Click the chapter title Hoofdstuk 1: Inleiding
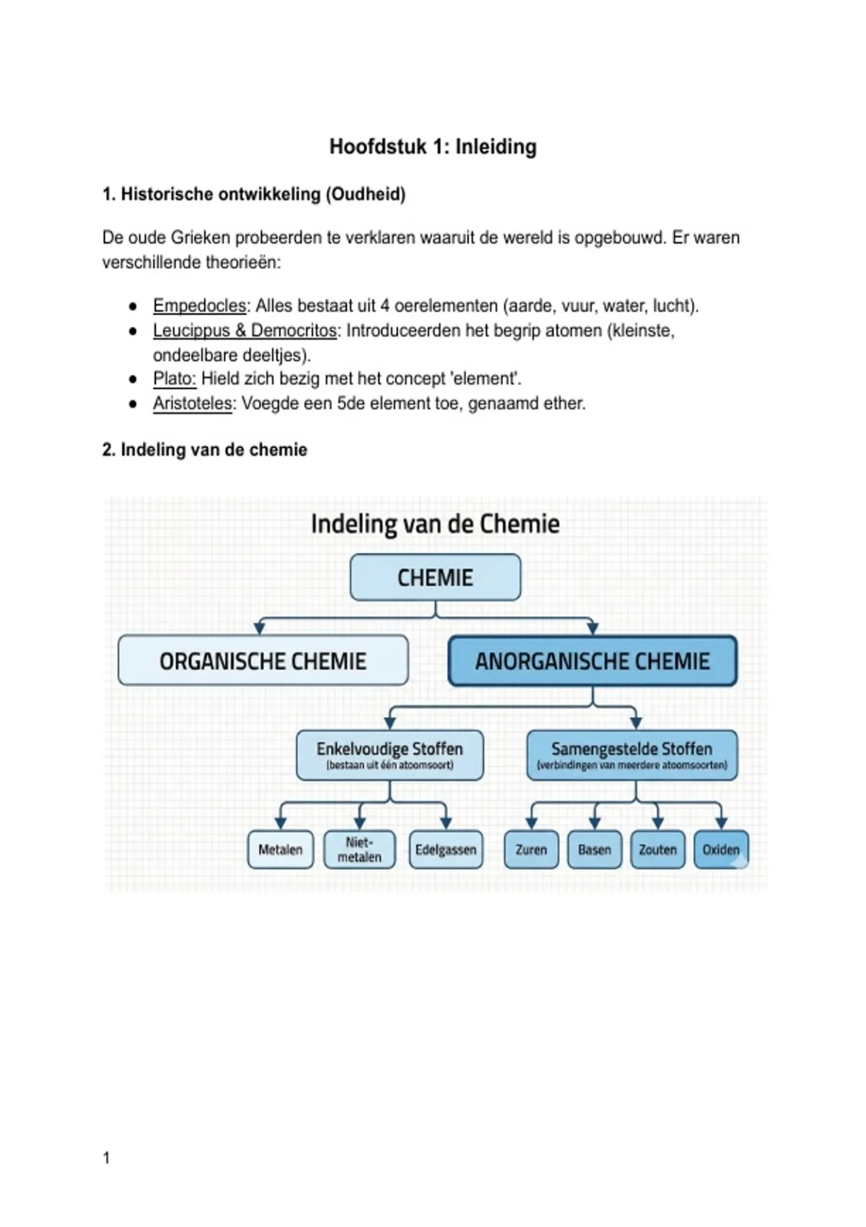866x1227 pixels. tap(433, 147)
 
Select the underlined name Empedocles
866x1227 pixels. tap(199, 306)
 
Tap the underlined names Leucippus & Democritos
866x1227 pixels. tap(245, 331)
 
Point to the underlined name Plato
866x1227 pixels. tap(174, 378)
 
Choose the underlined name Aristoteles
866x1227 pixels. tap(192, 403)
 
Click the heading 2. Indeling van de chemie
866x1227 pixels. tap(205, 450)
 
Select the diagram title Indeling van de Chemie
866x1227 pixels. tap(435, 524)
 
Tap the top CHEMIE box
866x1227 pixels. tap(435, 577)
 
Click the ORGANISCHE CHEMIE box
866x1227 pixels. tap(263, 660)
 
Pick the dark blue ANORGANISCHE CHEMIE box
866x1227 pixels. tap(592, 660)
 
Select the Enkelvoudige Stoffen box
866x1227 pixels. tap(390, 755)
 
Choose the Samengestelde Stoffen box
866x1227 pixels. tap(632, 755)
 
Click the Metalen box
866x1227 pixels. tap(280, 850)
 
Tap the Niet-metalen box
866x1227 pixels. tap(359, 850)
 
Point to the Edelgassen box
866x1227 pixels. tap(445, 850)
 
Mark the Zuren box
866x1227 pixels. tap(531, 850)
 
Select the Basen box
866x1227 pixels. tap(595, 850)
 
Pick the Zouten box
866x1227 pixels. tap(657, 850)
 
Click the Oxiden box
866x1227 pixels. tap(721, 850)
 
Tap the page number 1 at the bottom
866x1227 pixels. tap(107, 1158)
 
